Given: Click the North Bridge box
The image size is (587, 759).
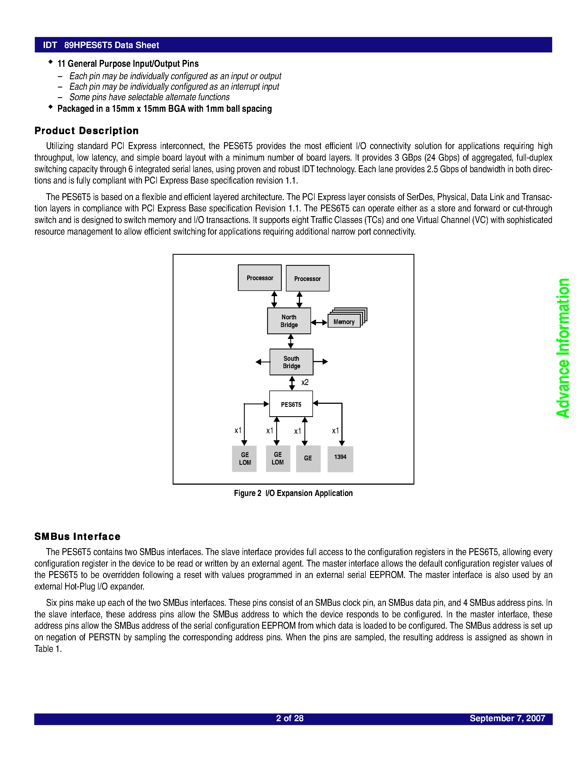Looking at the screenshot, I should (x=289, y=321).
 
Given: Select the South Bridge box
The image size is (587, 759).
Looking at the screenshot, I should (x=291, y=362).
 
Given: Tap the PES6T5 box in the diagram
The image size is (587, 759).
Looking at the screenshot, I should (x=291, y=404).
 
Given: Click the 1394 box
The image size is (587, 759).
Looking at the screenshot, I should (x=340, y=458).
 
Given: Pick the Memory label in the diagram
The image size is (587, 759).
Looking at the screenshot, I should (x=344, y=322).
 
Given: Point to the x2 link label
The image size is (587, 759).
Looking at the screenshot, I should (x=305, y=382).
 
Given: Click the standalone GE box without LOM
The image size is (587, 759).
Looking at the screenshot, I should (x=308, y=459).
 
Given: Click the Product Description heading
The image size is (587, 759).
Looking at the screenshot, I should (x=86, y=131).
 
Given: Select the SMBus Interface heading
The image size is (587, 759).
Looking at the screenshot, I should (x=77, y=537).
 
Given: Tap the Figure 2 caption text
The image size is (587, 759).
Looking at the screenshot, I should (x=293, y=493).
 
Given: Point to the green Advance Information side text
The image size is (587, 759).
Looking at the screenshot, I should (x=563, y=348).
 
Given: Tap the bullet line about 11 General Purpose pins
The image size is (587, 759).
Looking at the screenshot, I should (x=128, y=63).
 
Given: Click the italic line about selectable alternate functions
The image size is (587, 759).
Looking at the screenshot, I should (x=149, y=97).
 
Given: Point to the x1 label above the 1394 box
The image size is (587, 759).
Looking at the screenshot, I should (x=335, y=431).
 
